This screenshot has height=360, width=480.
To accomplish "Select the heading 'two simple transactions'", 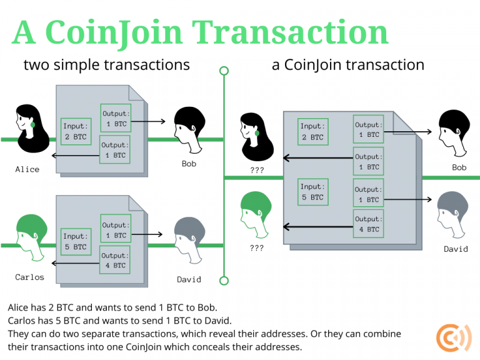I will (106, 65).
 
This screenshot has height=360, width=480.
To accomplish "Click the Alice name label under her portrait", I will (27, 169).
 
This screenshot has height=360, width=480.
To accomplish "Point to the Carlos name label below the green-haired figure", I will (30, 277).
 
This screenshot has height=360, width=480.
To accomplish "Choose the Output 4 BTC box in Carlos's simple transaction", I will (114, 260).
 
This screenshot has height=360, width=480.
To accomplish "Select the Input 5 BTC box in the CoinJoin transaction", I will (312, 192).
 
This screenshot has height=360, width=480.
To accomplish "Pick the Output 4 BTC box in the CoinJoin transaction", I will (368, 224).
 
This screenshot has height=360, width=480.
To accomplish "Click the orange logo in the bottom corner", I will (450, 338).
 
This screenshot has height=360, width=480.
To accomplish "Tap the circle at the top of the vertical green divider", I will (224, 71).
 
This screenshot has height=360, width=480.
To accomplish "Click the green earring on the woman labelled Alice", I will (33, 124).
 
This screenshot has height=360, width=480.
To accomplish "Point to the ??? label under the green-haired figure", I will (256, 247).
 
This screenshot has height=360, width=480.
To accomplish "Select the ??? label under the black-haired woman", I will (256, 169).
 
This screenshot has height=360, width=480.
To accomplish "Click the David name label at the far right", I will (456, 249).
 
